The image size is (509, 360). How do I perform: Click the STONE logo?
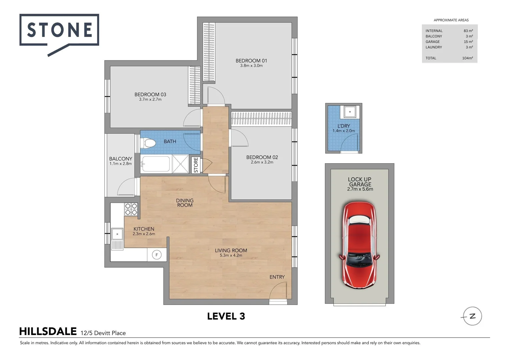59,30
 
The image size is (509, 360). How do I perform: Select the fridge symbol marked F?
157,255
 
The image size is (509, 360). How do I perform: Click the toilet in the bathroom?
148,144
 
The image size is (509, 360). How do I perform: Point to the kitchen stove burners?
131,209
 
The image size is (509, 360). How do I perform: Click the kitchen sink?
117,234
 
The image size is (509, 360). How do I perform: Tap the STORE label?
196,165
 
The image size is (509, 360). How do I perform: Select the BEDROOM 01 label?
251,61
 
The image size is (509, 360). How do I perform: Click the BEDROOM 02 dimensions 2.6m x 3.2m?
262,162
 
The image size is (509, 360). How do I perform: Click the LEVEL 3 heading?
226,316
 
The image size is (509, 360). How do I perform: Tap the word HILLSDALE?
48,332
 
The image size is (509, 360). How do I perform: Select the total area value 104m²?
467,58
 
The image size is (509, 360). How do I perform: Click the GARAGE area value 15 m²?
468,42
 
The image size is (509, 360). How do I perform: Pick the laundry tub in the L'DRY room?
350,112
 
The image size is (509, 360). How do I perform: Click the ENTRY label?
277,277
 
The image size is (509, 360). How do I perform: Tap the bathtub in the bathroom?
156,164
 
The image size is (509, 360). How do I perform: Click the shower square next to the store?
180,164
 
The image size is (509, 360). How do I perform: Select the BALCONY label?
121,159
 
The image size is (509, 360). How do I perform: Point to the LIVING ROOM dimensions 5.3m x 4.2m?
231,255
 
